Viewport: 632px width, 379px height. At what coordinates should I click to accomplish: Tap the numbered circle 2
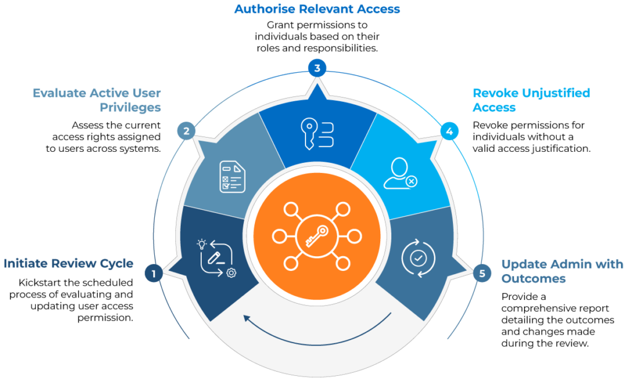[186, 130]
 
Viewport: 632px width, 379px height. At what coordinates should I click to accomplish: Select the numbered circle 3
[317, 68]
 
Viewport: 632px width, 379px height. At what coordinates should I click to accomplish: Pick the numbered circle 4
[449, 131]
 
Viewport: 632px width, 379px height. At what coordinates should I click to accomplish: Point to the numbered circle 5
[481, 272]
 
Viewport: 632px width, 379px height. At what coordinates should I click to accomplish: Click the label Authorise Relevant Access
[317, 9]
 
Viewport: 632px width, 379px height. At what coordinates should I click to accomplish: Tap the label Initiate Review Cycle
[69, 264]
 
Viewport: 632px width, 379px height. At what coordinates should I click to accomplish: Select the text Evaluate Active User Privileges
[97, 100]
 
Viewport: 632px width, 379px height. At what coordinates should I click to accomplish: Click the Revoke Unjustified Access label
[531, 100]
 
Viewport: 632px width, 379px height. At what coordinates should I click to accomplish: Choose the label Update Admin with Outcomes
[562, 272]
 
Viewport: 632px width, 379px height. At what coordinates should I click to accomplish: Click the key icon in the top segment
[317, 133]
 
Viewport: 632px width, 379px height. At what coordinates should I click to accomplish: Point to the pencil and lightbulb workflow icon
[217, 258]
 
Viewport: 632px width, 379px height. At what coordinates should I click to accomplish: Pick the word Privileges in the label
[130, 107]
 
